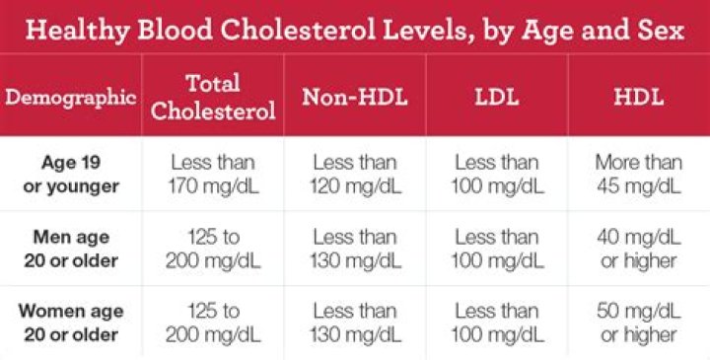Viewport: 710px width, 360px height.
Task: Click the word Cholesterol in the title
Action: [298, 30]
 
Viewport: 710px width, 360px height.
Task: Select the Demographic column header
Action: [71, 98]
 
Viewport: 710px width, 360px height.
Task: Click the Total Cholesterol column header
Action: [213, 98]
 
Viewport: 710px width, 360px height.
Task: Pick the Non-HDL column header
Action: [355, 97]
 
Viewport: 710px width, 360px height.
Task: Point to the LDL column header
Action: [497, 97]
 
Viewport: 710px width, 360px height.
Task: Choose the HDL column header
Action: [639, 97]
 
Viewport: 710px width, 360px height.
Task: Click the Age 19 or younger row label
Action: [71, 175]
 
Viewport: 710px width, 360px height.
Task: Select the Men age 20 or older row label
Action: [71, 249]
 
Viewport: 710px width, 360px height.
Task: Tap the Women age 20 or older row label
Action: [71, 323]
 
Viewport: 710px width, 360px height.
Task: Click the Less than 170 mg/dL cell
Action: [213, 175]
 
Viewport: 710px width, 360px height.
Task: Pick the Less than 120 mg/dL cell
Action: [355, 175]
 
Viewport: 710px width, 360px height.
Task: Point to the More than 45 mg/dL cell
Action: [639, 175]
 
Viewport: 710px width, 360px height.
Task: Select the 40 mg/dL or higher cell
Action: [639, 249]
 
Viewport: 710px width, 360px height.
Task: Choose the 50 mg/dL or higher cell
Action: [639, 323]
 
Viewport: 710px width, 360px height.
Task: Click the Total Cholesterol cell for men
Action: [213, 249]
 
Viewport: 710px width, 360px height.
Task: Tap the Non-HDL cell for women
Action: [355, 323]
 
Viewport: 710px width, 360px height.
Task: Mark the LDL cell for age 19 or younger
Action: [497, 175]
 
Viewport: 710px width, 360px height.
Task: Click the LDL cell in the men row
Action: [497, 249]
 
